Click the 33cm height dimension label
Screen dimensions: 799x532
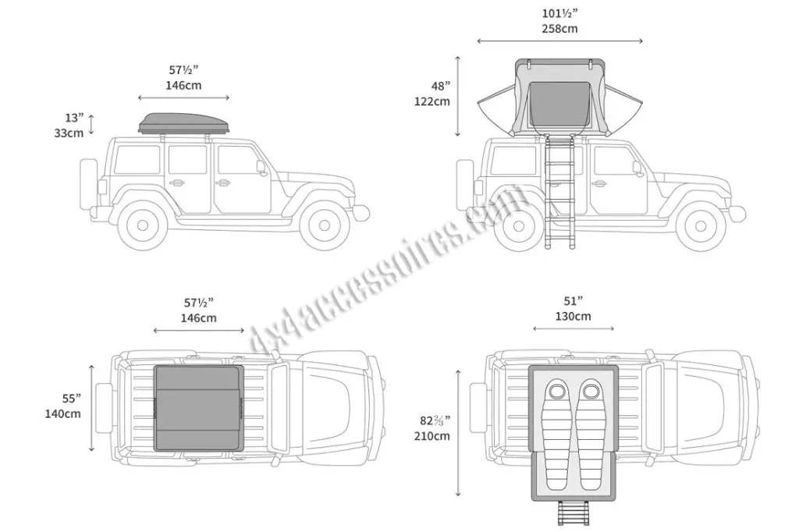tap(69, 133)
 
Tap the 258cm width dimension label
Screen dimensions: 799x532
tap(559, 29)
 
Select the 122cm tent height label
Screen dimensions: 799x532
tap(432, 101)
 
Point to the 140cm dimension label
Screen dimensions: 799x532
tap(62, 413)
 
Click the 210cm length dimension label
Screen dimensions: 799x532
tap(432, 436)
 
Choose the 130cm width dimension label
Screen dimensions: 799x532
tap(574, 317)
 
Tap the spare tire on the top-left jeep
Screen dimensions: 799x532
tap(88, 184)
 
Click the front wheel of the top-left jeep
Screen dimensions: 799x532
tap(325, 225)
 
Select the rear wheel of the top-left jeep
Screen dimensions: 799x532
tap(143, 225)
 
